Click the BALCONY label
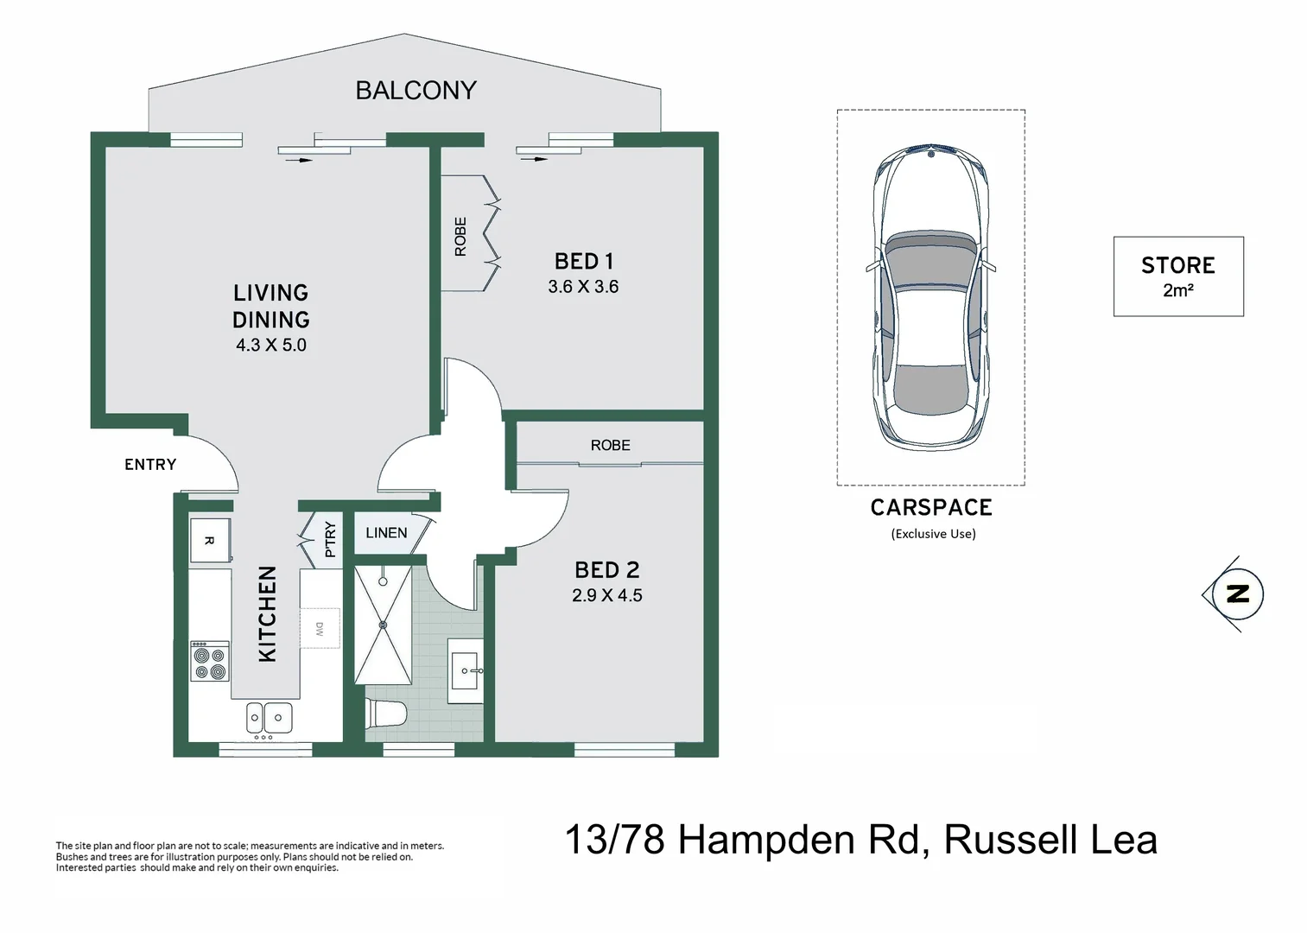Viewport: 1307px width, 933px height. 416,90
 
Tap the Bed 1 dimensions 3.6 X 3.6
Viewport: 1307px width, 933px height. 583,287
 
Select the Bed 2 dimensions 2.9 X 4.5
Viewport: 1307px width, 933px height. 606,595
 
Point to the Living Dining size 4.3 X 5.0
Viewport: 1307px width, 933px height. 271,345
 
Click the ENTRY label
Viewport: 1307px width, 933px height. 150,465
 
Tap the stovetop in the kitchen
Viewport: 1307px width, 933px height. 210,661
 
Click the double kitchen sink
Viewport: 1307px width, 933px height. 269,717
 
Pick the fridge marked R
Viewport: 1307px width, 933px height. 210,540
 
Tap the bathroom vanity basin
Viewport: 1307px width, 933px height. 466,670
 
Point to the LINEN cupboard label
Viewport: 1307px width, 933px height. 386,533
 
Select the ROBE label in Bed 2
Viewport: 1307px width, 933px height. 610,446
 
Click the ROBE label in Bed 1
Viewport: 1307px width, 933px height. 460,237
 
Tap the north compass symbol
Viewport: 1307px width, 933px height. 1238,593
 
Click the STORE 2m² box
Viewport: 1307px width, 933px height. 1177,276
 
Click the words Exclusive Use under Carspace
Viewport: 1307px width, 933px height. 933,534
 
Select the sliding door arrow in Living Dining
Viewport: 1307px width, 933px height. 299,160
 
